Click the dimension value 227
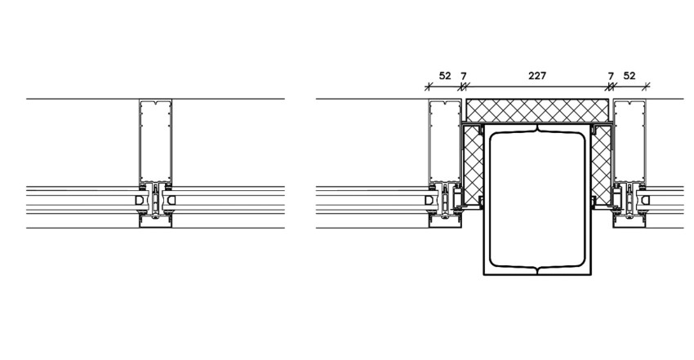537,76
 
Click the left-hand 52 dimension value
445,76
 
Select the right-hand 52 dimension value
629,76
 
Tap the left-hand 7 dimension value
464,76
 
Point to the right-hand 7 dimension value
611,76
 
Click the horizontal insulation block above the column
537,110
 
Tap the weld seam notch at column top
537,129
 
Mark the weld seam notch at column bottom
537,269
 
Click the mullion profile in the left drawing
155,140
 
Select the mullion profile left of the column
445,140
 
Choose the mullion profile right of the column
629,140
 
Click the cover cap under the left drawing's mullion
155,223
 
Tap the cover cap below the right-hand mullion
629,223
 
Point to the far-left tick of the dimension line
428,87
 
